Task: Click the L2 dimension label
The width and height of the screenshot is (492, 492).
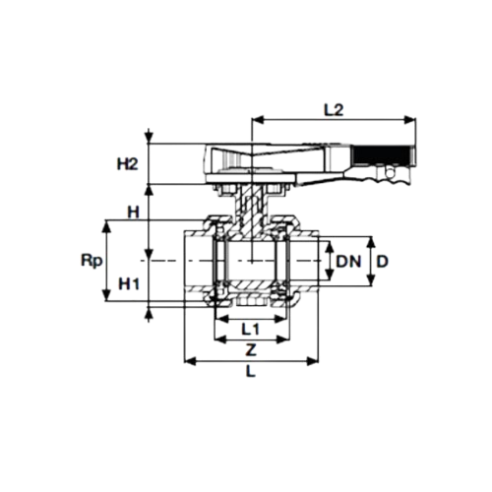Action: [334, 110]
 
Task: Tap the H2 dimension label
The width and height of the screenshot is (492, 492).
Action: [128, 164]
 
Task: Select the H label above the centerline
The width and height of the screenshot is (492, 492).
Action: [133, 213]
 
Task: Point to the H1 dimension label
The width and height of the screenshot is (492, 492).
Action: [129, 283]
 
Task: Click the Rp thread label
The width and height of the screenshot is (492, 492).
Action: [92, 262]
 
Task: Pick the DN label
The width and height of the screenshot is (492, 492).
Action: [348, 262]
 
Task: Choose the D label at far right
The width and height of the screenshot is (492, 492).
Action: [382, 262]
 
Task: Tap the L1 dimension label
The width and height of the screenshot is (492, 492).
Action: [250, 329]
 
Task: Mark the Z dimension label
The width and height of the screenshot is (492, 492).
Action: [251, 350]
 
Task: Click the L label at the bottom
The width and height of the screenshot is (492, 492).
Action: [251, 372]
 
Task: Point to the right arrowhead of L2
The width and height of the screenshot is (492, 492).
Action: [410, 120]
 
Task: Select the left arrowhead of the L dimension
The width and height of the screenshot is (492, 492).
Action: [190, 361]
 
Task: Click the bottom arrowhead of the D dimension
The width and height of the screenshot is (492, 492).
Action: [371, 279]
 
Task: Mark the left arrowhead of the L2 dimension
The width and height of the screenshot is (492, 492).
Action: [257, 120]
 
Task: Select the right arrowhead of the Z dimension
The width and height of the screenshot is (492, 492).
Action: [283, 339]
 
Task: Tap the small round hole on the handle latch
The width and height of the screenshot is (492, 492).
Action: [390, 172]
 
